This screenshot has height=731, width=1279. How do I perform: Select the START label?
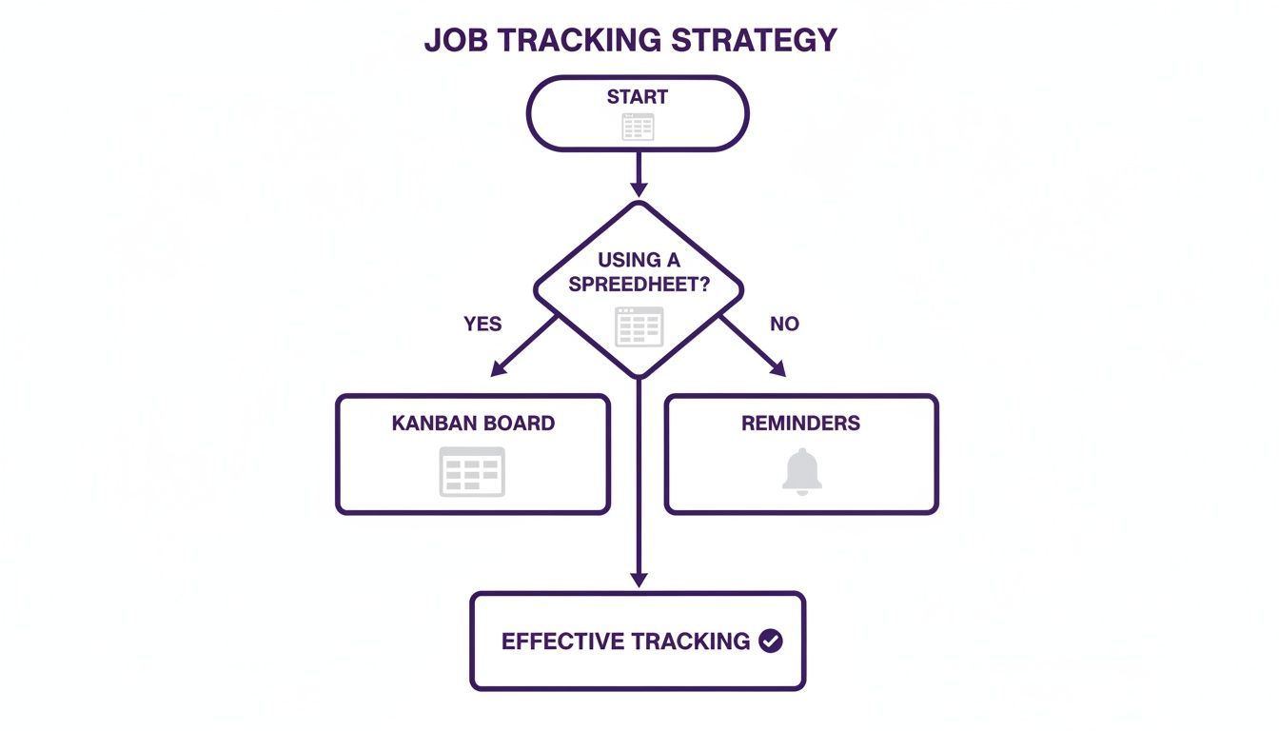[x=638, y=97]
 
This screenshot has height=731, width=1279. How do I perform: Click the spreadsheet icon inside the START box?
[x=638, y=127]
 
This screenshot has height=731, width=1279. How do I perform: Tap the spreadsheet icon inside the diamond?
[x=639, y=326]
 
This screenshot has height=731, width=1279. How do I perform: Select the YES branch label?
[x=482, y=325]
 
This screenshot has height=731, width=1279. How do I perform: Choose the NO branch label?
[x=784, y=325]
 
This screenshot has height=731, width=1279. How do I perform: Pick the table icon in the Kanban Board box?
[x=472, y=471]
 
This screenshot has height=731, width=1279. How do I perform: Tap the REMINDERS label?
[x=800, y=424]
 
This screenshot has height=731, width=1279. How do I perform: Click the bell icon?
[x=801, y=471]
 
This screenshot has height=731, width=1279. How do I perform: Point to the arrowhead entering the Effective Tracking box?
[x=639, y=580]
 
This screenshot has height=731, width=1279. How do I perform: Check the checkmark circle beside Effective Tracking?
[x=771, y=642]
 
